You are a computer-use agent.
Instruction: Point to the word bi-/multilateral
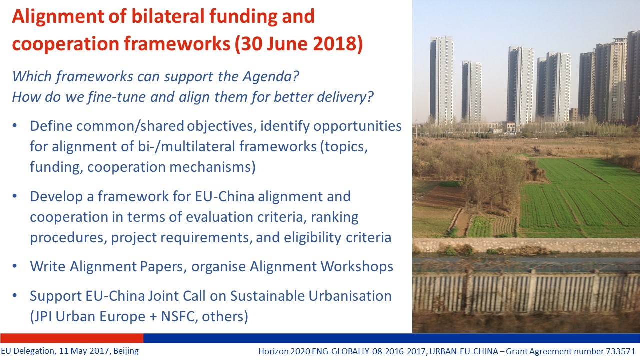pos(187,146)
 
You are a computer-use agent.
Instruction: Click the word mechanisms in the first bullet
pos(210,167)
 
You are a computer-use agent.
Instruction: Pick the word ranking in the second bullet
pos(334,217)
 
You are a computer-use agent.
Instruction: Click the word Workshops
pos(357,266)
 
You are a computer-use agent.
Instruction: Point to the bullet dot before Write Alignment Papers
pos(15,266)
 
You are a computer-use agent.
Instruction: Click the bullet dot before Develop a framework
pos(15,196)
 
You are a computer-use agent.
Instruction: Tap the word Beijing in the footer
pos(126,351)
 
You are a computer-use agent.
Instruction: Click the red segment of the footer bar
pos(71,338)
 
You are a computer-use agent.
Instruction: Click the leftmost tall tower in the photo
pos(441,80)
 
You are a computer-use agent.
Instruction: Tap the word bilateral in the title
pos(168,16)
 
